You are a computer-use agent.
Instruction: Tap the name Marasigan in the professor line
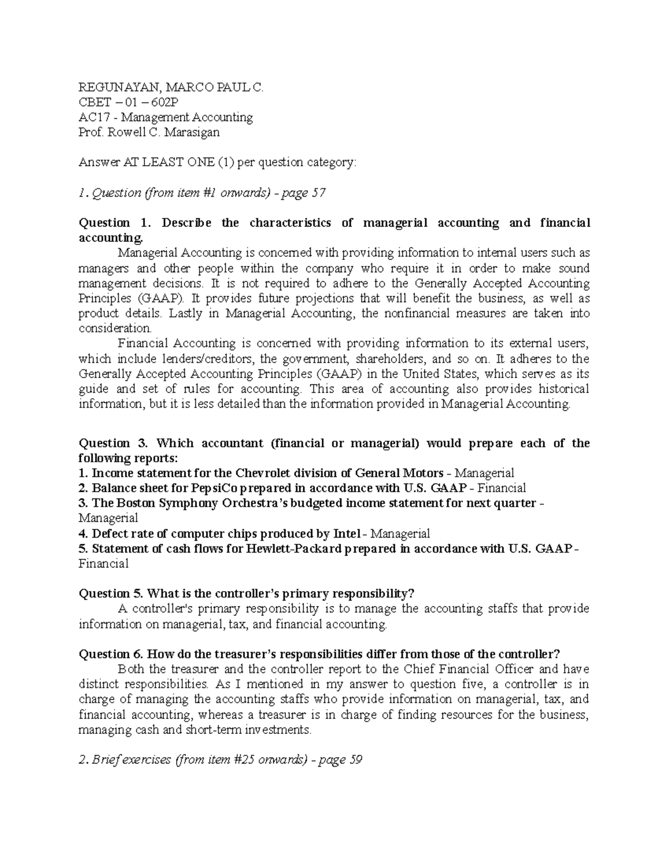pyautogui.click(x=192, y=132)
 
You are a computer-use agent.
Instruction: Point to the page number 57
pyautogui.click(x=319, y=193)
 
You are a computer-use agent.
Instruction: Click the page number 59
pyautogui.click(x=356, y=759)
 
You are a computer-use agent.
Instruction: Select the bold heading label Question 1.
pyautogui.click(x=115, y=223)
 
